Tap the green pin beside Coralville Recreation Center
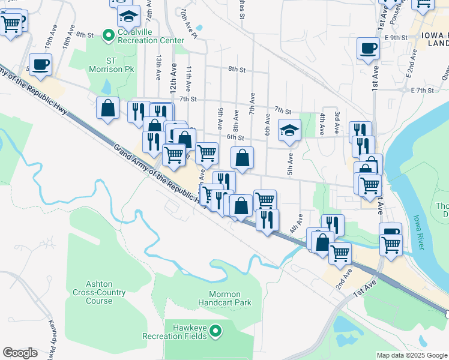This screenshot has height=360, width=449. (108, 36)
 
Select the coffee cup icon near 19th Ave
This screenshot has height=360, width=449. (40, 64)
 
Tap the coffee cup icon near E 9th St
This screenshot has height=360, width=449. (368, 47)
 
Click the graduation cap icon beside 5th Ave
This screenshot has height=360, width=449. (289, 129)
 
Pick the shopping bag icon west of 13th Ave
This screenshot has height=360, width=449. (107, 108)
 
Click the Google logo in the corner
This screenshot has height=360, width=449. (20, 353)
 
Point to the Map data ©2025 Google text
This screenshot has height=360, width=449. (412, 355)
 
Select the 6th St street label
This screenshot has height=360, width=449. (235, 137)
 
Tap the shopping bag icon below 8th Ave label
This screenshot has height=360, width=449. (242, 158)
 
